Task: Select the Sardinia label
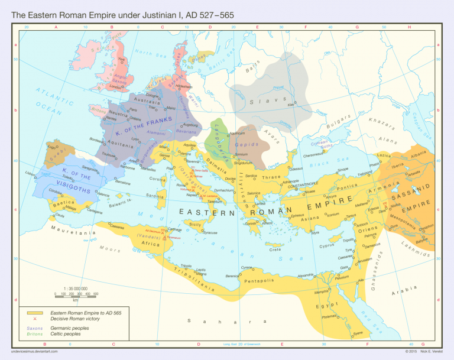155,196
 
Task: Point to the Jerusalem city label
364,260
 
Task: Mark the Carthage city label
174,229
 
